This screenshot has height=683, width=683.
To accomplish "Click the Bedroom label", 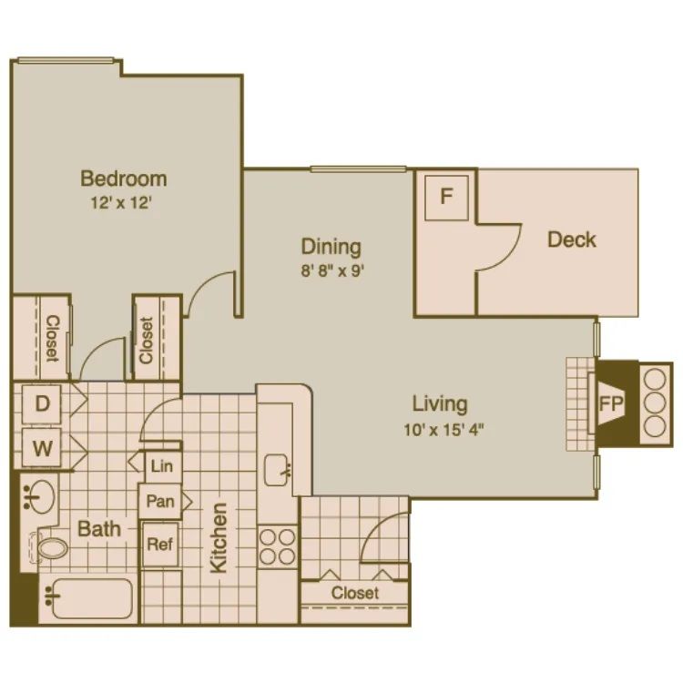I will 123,178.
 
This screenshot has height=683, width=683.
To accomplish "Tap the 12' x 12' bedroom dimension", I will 123,203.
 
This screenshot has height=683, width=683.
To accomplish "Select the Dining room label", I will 331,246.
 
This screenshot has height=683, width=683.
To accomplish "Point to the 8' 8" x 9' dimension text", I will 331,270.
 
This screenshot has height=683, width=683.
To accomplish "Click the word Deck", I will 572,240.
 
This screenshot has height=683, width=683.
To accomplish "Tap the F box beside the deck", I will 446,196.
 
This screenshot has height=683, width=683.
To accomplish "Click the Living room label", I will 440,403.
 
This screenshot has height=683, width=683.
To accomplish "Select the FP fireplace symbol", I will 608,402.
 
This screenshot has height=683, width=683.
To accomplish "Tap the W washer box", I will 43,448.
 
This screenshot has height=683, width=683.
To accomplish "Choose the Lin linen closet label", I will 161,465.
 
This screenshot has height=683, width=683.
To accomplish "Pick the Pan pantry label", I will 160,501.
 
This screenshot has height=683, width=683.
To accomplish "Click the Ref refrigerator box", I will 159,545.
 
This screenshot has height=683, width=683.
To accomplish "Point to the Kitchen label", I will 219,537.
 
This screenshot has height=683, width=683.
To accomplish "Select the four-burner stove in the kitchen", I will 277,546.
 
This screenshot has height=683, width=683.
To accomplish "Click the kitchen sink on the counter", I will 276,470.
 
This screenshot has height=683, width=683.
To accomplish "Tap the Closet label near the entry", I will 355,593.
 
